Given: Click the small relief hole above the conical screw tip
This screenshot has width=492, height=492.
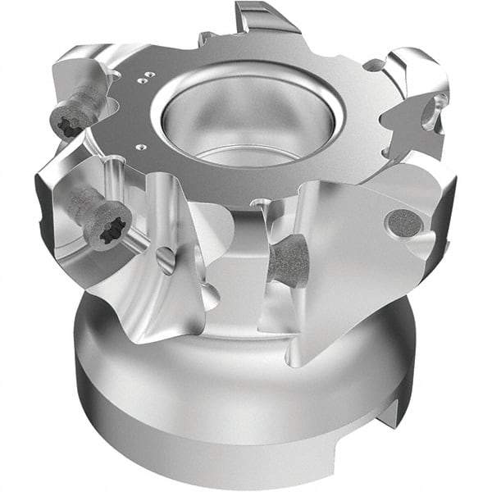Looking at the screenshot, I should (261, 202).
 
